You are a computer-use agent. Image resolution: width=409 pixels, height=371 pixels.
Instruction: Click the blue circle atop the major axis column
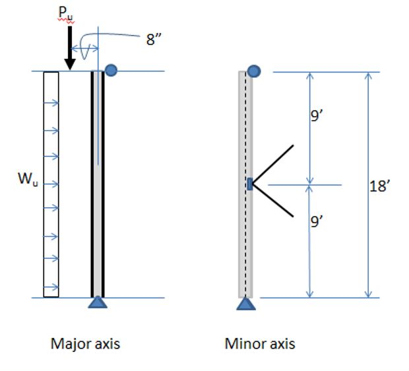(111, 69)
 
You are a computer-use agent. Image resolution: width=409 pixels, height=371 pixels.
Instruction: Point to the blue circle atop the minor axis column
(254, 71)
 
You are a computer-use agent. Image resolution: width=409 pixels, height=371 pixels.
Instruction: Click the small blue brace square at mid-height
(250, 184)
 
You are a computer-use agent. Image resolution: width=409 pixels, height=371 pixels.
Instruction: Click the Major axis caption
(86, 344)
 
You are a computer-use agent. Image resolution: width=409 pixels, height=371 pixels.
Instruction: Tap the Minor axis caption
(260, 344)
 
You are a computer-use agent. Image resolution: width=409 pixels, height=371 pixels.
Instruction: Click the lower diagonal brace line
(272, 201)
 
